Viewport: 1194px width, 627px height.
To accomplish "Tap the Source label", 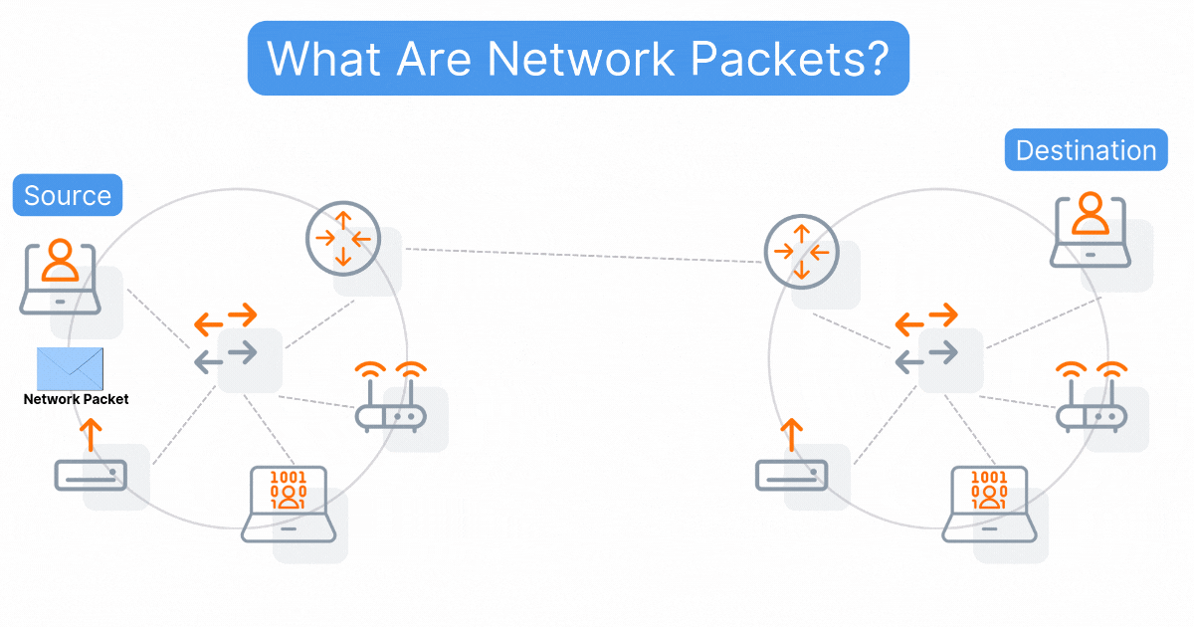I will [x=68, y=195].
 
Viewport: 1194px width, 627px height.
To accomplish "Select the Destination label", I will [x=1086, y=150].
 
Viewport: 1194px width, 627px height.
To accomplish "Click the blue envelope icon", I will [x=70, y=368].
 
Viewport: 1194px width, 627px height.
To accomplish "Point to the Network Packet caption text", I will [x=76, y=399].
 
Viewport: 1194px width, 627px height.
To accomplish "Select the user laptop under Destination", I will [x=1091, y=230].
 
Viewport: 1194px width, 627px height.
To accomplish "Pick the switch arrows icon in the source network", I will [x=227, y=339].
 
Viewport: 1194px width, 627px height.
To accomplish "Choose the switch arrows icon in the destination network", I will [x=927, y=339].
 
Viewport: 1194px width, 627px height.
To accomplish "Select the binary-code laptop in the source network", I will [x=290, y=504].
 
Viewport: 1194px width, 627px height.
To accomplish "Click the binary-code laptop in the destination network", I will [x=990, y=504].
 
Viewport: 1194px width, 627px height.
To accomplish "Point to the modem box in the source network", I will [x=91, y=475].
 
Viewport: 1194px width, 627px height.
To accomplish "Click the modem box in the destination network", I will [x=791, y=475].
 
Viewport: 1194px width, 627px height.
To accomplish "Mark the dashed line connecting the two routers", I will [x=583, y=255].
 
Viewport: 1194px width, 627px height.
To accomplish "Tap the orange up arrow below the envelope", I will [x=91, y=434].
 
